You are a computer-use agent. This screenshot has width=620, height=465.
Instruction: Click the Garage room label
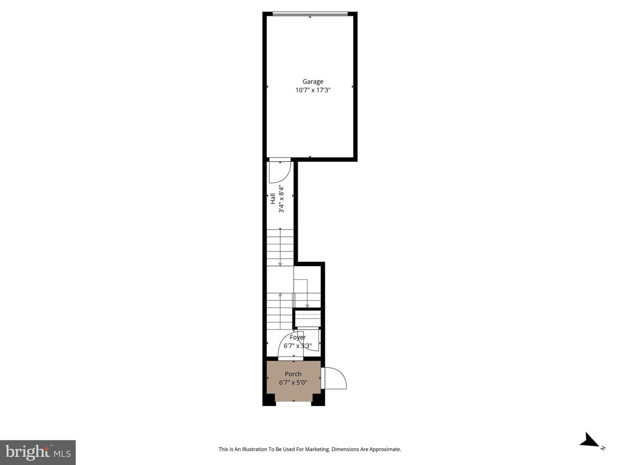[313, 82]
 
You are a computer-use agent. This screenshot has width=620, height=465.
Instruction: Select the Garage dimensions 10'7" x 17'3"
[313, 90]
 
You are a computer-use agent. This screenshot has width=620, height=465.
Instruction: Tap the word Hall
[273, 198]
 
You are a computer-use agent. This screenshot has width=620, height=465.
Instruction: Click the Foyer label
[298, 338]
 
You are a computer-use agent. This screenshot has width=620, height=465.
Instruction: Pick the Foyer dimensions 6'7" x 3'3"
[298, 346]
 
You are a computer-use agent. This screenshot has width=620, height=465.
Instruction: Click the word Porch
[293, 374]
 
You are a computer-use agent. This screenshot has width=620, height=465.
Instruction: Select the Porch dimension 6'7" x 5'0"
[293, 382]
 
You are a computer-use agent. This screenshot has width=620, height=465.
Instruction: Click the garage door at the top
[310, 14]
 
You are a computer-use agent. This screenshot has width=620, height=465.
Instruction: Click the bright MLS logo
[38, 452]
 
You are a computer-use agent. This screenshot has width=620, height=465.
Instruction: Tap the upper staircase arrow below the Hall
[280, 247]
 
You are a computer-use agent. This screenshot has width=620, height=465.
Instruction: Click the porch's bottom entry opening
[294, 404]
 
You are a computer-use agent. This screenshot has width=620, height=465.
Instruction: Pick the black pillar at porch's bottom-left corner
[269, 400]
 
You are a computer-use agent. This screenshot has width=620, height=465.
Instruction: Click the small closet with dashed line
[307, 319]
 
